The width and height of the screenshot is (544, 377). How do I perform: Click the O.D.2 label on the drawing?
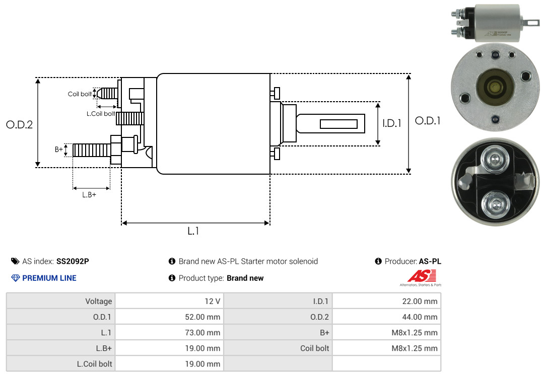(x=19, y=125)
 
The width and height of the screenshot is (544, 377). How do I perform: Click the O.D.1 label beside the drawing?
(x=428, y=121)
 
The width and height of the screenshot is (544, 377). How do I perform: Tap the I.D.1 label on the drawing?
(x=391, y=123)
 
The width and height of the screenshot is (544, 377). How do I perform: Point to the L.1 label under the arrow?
(x=194, y=231)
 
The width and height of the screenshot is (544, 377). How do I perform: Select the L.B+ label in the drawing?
(x=89, y=195)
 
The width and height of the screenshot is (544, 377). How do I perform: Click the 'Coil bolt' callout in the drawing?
(x=80, y=94)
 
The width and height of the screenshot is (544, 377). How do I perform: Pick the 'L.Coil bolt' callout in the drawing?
(x=100, y=114)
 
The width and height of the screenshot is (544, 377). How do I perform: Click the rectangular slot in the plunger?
(x=338, y=124)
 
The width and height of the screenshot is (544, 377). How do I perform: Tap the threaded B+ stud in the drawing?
(x=91, y=150)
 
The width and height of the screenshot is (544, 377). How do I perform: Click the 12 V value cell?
(x=169, y=301)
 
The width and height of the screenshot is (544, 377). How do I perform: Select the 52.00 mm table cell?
(x=169, y=317)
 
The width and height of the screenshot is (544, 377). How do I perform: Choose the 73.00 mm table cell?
(x=169, y=333)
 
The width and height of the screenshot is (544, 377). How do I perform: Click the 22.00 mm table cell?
(x=386, y=301)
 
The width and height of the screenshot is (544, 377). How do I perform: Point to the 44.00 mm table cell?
(x=386, y=317)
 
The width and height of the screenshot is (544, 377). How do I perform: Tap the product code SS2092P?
(x=73, y=261)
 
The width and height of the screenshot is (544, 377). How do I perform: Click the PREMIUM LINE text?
(x=49, y=278)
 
